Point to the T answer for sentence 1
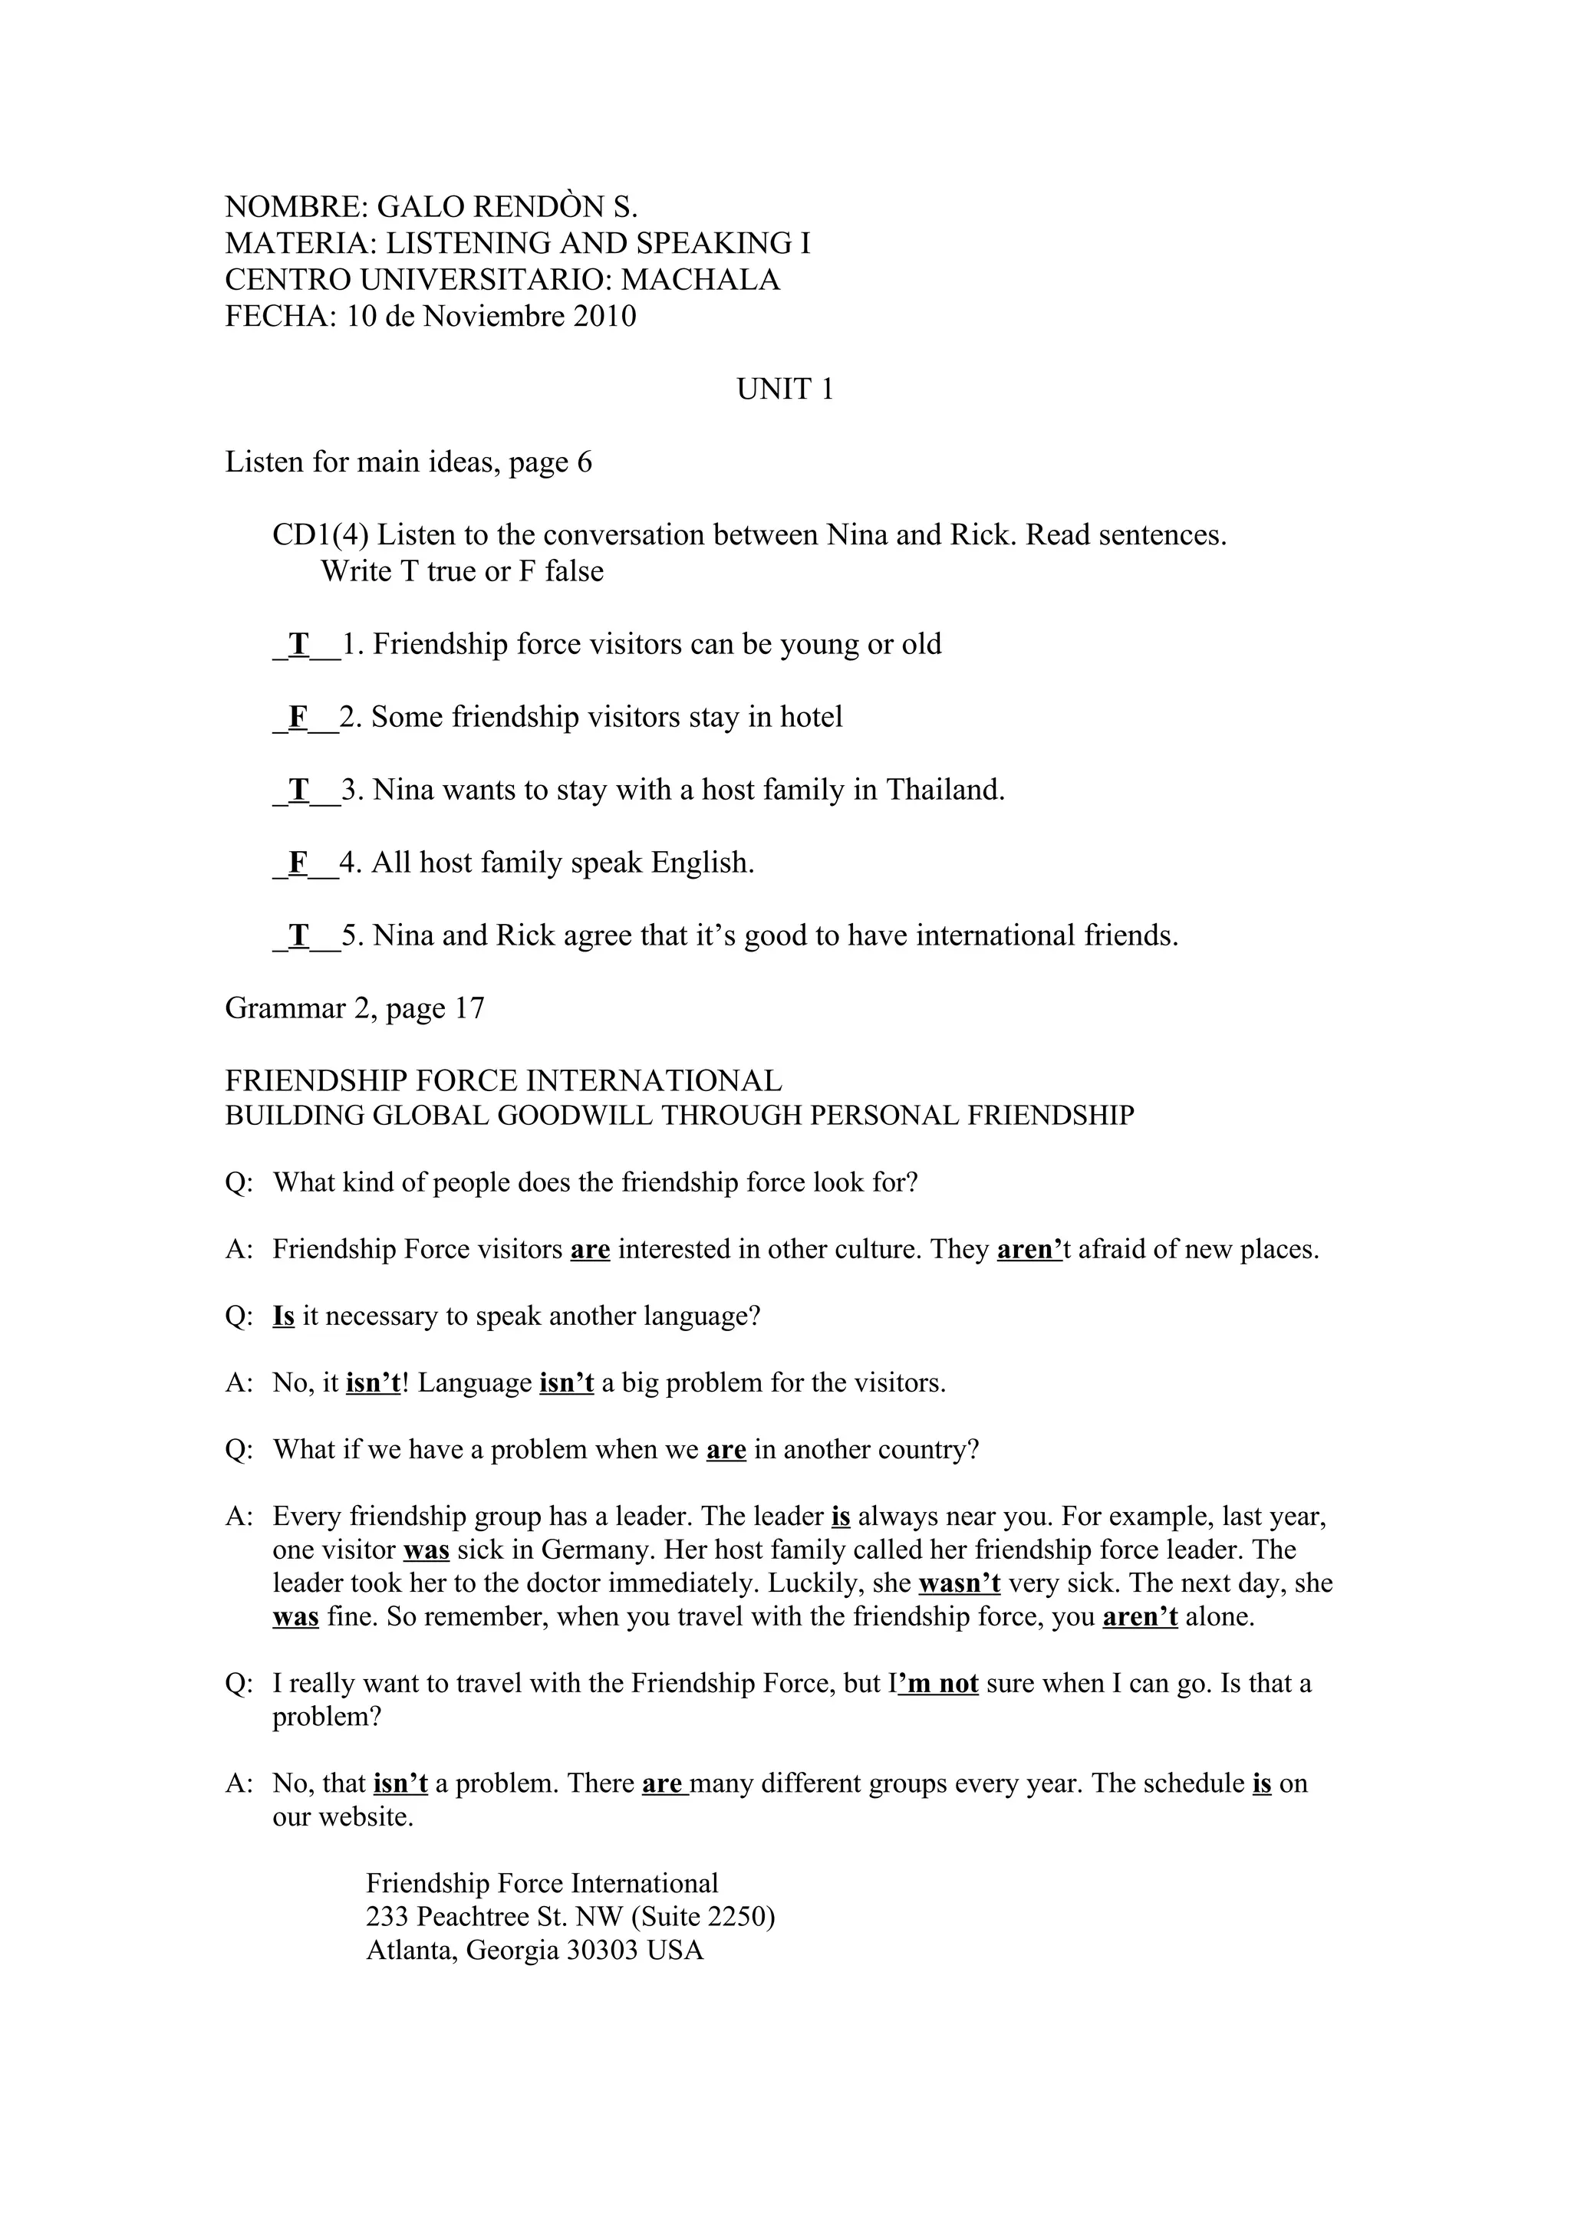coord(299,645)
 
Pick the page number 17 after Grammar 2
coord(469,1008)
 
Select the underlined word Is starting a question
coord(284,1316)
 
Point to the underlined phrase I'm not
coord(938,1684)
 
